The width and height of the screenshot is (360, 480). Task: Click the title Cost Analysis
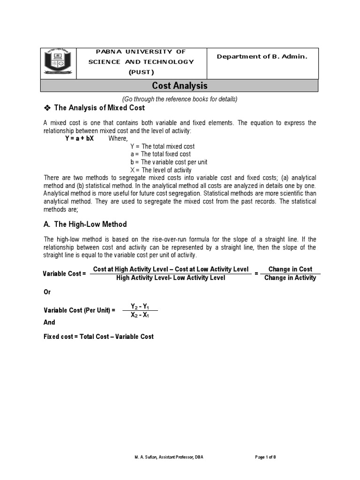(x=180, y=86)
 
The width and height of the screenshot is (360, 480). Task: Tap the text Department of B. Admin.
(x=262, y=56)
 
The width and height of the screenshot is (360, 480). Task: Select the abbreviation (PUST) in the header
(x=141, y=72)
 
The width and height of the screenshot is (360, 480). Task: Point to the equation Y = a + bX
(x=79, y=139)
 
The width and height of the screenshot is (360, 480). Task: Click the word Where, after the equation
(x=118, y=139)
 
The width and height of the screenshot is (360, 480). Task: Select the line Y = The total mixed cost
(x=162, y=146)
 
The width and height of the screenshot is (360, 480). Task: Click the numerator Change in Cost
(x=290, y=269)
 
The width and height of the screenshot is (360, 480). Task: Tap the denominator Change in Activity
(x=290, y=277)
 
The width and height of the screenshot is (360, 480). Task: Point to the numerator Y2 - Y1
(x=140, y=306)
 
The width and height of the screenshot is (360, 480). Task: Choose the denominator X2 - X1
(x=140, y=315)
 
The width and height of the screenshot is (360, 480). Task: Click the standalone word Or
(x=47, y=292)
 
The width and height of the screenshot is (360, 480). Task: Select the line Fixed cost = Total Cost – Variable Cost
(x=98, y=337)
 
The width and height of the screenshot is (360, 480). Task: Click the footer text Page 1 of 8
(x=269, y=457)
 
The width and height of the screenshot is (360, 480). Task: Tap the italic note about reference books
(x=180, y=99)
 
